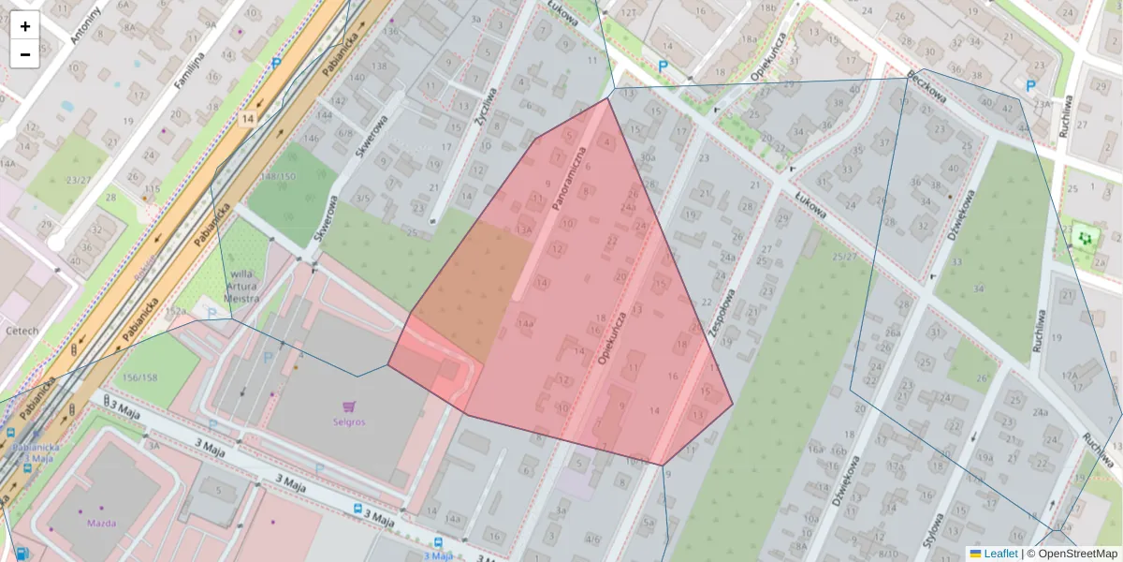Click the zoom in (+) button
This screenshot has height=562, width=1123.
pos(25,26)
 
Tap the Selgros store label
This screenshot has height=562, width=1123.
pos(348,421)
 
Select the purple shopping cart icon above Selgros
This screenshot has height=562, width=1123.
pos(349,407)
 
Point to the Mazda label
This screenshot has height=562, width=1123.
pos(103,523)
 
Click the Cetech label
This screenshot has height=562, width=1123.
pos(22,331)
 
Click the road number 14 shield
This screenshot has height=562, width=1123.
pos(247,119)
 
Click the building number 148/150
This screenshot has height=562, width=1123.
pos(278,176)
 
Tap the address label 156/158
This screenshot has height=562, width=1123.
pos(139,377)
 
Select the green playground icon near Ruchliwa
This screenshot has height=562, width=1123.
pos(1086,238)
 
